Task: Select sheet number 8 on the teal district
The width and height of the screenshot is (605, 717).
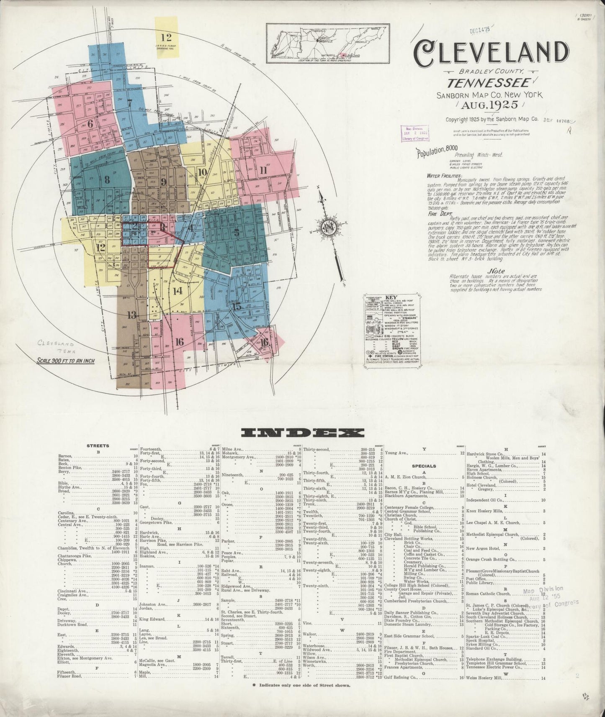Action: pyautogui.click(x=107, y=180)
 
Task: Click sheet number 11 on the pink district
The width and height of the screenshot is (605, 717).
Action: pyautogui.click(x=263, y=170)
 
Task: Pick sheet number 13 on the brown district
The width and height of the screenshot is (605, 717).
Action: pyautogui.click(x=132, y=315)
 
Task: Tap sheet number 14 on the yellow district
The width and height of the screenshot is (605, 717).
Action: pyautogui.click(x=178, y=290)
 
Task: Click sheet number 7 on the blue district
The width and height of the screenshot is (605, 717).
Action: pyautogui.click(x=130, y=103)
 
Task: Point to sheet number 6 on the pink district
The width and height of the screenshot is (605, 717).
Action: pyautogui.click(x=90, y=123)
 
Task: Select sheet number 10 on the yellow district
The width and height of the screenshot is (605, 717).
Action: pyautogui.click(x=202, y=172)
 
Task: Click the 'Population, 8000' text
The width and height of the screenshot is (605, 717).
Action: pyautogui.click(x=436, y=151)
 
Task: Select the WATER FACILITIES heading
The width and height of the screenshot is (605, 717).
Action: pyautogui.click(x=444, y=176)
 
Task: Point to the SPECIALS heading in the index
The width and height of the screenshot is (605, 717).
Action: pyautogui.click(x=424, y=466)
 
